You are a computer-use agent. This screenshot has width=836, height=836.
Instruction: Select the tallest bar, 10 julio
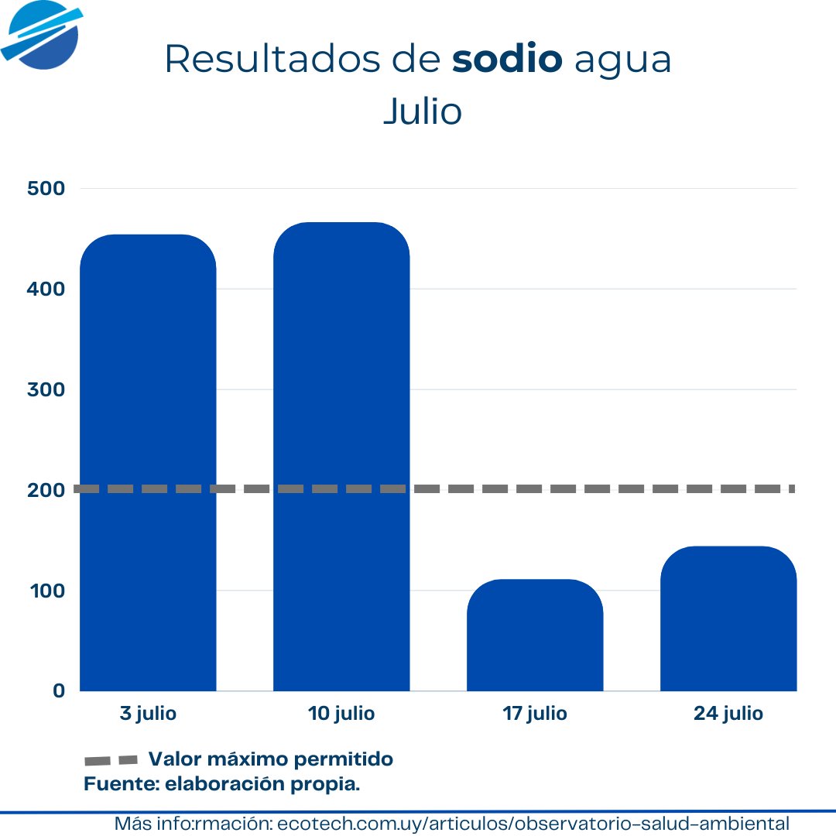tap(341, 457)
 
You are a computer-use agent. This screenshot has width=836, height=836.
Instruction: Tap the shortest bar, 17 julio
tap(535, 635)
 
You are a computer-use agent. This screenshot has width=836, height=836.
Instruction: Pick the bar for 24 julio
tap(728, 618)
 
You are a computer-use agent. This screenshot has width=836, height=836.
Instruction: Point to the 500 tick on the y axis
tap(46, 188)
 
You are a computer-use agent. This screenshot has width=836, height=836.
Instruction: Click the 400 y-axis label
tap(46, 289)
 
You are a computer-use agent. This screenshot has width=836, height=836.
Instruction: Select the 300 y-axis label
tap(46, 389)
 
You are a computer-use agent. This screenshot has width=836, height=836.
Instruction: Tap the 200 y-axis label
tap(46, 490)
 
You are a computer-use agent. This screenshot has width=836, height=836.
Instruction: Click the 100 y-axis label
tap(46, 591)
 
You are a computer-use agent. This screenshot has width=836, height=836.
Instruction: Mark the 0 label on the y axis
tap(59, 690)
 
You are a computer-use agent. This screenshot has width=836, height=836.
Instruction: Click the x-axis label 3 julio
tap(148, 714)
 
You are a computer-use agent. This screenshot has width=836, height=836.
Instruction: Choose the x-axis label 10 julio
tap(341, 714)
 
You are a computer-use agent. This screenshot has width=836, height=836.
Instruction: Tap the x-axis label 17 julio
tap(535, 714)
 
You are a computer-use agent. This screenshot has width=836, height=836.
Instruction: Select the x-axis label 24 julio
tap(728, 714)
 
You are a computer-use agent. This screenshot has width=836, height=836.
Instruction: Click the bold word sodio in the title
tap(507, 60)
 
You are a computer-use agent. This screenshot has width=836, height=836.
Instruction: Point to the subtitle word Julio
tap(423, 111)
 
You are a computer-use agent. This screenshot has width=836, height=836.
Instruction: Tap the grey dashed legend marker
tap(111, 760)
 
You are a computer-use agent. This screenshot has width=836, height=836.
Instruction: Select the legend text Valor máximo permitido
tap(270, 759)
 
